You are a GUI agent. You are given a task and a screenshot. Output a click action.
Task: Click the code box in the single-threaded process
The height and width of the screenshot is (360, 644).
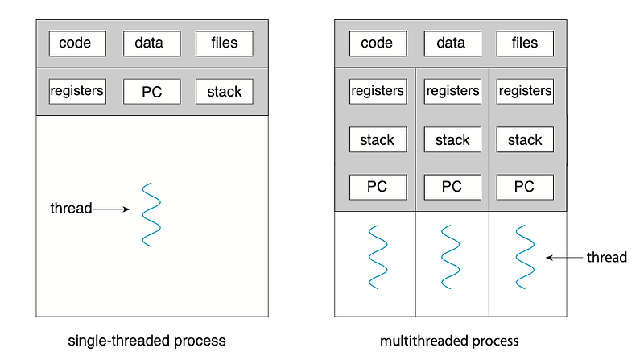click(77, 43)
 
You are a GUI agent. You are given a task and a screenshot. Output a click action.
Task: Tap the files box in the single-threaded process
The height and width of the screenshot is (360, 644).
click(224, 43)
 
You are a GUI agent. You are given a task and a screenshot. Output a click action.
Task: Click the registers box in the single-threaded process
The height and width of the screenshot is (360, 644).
click(77, 91)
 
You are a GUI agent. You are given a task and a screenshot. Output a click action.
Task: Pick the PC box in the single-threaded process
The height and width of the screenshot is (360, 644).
click(151, 91)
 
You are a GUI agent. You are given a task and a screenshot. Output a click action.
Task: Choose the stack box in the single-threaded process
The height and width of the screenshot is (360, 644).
click(224, 91)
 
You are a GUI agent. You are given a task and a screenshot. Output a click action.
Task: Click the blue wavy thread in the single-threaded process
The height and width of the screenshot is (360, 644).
click(151, 214)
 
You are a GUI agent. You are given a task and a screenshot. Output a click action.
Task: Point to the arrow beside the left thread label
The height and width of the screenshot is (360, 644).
click(112, 209)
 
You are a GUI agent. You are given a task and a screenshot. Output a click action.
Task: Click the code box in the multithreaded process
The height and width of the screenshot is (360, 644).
click(377, 43)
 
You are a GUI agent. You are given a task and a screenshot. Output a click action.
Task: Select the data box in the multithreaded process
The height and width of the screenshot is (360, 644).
click(452, 43)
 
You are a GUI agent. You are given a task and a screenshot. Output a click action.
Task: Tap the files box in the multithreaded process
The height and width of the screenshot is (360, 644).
click(524, 43)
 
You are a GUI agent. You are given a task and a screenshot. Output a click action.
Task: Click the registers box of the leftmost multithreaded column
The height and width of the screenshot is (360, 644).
click(377, 91)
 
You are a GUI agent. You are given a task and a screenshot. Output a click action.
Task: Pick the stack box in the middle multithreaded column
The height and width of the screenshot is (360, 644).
click(452, 139)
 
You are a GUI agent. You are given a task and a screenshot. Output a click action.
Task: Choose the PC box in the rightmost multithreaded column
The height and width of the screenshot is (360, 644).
click(524, 187)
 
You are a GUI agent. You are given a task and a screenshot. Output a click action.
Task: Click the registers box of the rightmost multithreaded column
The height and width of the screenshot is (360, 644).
click(524, 91)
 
